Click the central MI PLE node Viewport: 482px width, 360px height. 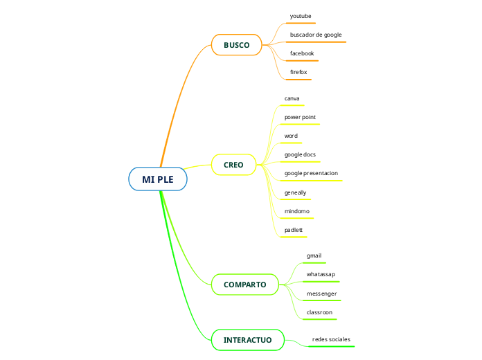(158, 179)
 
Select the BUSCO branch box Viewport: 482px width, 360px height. (236, 45)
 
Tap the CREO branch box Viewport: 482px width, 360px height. (233, 165)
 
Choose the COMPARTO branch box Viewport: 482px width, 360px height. (244, 285)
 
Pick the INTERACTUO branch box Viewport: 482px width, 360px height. (247, 340)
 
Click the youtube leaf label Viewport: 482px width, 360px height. (301, 15)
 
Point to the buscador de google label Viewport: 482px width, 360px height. (316, 35)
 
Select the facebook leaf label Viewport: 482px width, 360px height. (302, 53)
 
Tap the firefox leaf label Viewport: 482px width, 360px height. (298, 72)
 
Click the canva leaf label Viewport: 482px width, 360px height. (292, 98)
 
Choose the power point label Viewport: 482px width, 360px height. (300, 117)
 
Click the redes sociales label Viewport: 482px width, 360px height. (331, 339)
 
